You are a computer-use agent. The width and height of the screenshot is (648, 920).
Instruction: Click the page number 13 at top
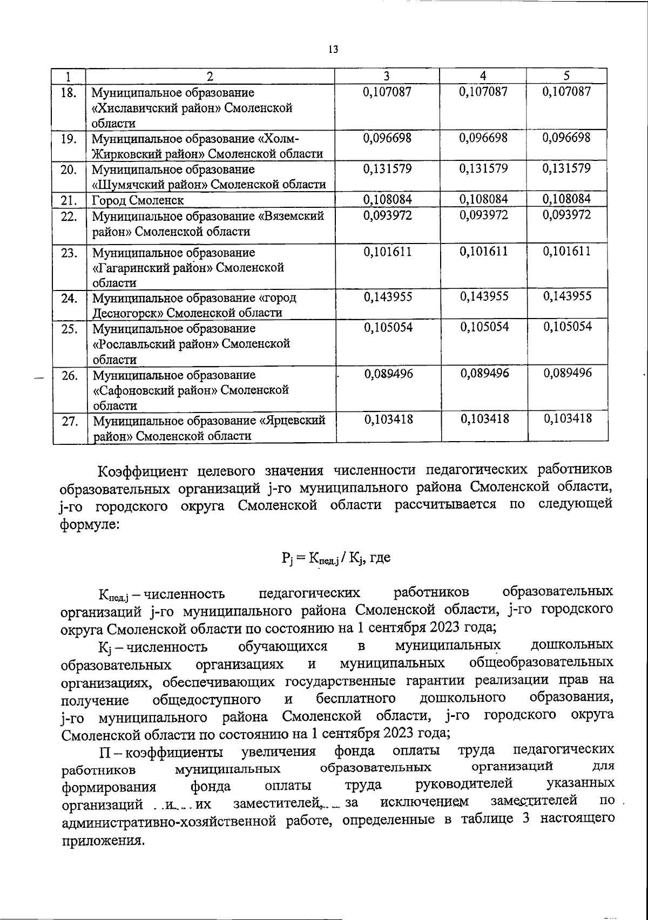pos(333,50)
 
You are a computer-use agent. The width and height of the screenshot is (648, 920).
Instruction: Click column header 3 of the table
pos(387,76)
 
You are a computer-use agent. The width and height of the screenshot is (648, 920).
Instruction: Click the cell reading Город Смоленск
pos(138,201)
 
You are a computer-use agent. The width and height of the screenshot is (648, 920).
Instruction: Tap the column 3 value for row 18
pos(387,92)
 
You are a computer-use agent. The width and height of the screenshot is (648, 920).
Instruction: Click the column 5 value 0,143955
pos(567,296)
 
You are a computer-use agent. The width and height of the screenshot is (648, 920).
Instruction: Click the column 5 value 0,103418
pos(568,418)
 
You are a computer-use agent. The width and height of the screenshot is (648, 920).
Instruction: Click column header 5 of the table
pos(567,76)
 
